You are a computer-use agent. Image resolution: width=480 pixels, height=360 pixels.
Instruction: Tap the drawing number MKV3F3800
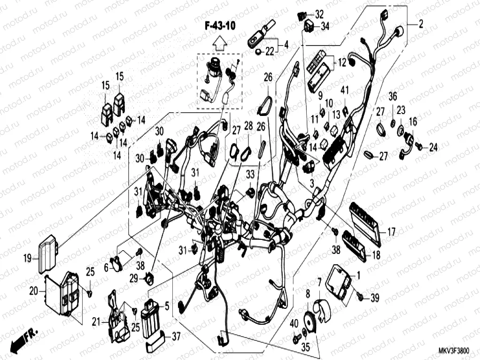pyautogui.click(x=453, y=351)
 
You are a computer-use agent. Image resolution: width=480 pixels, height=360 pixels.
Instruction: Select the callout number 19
pyautogui.click(x=27, y=258)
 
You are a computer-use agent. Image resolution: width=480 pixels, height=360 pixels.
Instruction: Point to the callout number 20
pyautogui.click(x=33, y=291)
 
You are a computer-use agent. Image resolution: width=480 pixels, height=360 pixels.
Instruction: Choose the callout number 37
pyautogui.click(x=176, y=336)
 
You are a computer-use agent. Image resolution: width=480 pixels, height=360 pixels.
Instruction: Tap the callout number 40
pyautogui.click(x=294, y=323)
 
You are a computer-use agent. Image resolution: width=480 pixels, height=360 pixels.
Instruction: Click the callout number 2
pyautogui.click(x=420, y=24)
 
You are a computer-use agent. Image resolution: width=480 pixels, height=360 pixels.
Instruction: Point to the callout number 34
pyautogui.click(x=325, y=26)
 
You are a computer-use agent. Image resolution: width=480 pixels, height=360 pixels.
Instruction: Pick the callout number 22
pyautogui.click(x=269, y=52)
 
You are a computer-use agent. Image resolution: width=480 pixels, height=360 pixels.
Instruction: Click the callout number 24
pyautogui.click(x=433, y=148)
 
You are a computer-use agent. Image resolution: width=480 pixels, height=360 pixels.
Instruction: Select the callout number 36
pyautogui.click(x=393, y=97)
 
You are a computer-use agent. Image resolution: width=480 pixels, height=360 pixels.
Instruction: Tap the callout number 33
pyautogui.click(x=250, y=174)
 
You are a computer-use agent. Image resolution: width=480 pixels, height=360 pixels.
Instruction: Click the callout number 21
pyautogui.click(x=96, y=322)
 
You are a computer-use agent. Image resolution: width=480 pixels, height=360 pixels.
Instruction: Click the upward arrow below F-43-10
pyautogui.click(x=219, y=44)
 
